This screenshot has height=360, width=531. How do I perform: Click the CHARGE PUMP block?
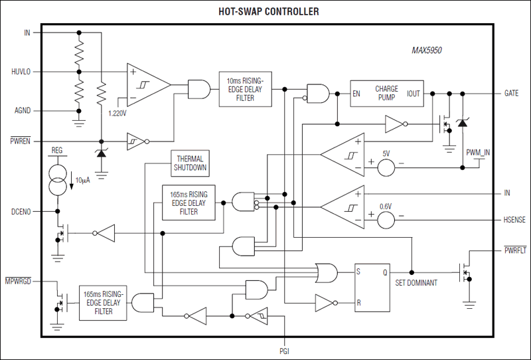coord(386,94)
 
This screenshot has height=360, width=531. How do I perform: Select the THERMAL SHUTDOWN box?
coord(189,163)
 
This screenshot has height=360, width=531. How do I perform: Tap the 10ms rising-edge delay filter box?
coord(245,88)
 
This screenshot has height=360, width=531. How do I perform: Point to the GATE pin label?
coord(510,94)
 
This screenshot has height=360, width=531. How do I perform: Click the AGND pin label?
coord(22,110)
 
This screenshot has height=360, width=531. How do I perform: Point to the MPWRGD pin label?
coord(20,282)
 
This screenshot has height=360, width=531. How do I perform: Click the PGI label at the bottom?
coord(285,350)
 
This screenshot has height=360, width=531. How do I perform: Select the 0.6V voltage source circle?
coord(386,219)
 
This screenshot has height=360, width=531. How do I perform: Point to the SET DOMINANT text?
coord(416,283)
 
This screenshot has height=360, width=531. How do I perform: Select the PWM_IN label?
coord(479,153)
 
